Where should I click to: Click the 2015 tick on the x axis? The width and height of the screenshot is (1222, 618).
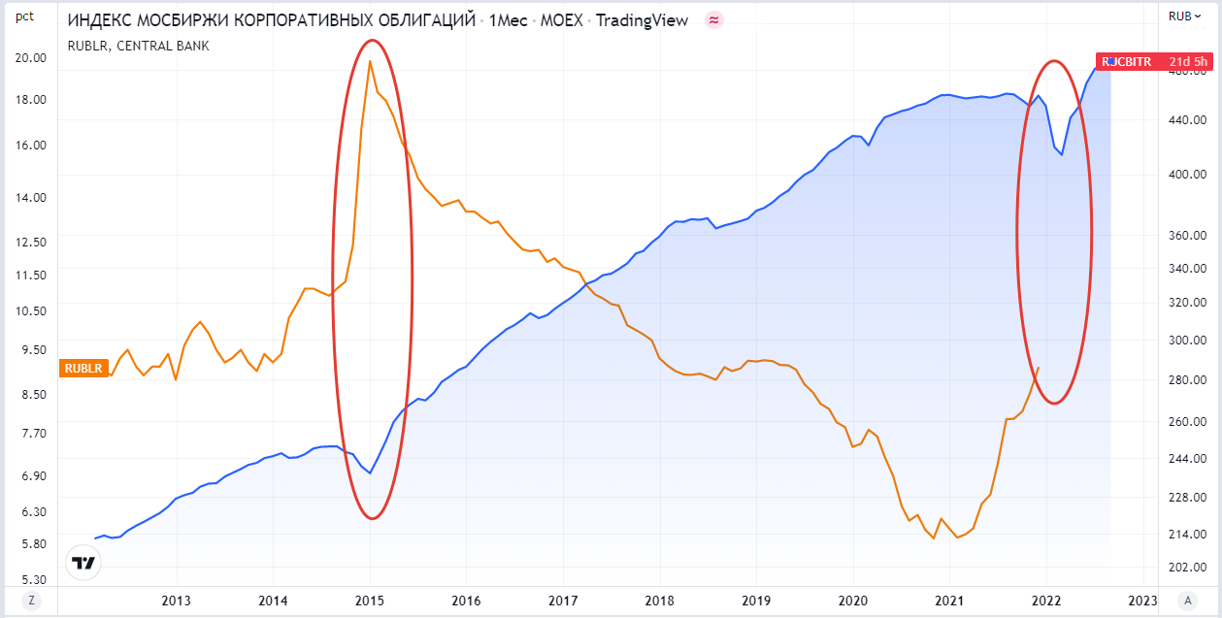pos(370,600)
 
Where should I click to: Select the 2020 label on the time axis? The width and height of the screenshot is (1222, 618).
pos(852,600)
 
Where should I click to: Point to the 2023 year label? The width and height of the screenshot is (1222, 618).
pos(1142,600)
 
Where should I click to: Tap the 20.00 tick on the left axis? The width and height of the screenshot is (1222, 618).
pos(31,57)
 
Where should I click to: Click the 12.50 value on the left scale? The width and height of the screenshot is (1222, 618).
pos(31,242)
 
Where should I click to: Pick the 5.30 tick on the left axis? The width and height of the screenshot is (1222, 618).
pos(31,579)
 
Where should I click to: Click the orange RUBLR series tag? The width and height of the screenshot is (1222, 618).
pos(83,368)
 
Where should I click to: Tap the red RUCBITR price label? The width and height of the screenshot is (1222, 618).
pos(1153,62)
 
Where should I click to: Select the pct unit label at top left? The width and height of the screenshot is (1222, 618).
pos(25,16)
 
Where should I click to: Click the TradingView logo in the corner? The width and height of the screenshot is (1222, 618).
pos(83,564)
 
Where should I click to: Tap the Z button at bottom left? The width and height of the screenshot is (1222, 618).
pos(31,600)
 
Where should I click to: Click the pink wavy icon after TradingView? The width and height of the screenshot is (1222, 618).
pos(714,20)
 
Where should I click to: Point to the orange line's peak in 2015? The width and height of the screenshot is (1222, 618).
pos(370,62)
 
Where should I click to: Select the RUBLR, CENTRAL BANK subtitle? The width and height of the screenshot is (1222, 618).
pos(138,46)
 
